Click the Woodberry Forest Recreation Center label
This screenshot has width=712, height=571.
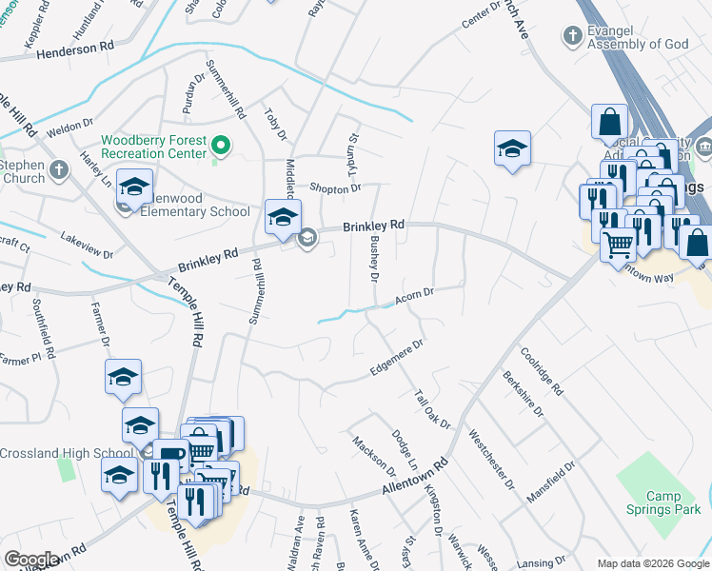point(154,147)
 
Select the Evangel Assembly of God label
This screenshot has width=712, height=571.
point(638,37)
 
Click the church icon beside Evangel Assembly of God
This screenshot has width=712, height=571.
point(572,37)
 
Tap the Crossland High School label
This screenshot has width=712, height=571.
point(67,453)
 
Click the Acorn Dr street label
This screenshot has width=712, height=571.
point(414,298)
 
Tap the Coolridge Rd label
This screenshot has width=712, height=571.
point(542,370)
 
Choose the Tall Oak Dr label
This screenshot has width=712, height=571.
point(431,408)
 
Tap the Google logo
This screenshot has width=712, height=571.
point(32,560)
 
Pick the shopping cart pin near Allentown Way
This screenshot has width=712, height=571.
point(618,246)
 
